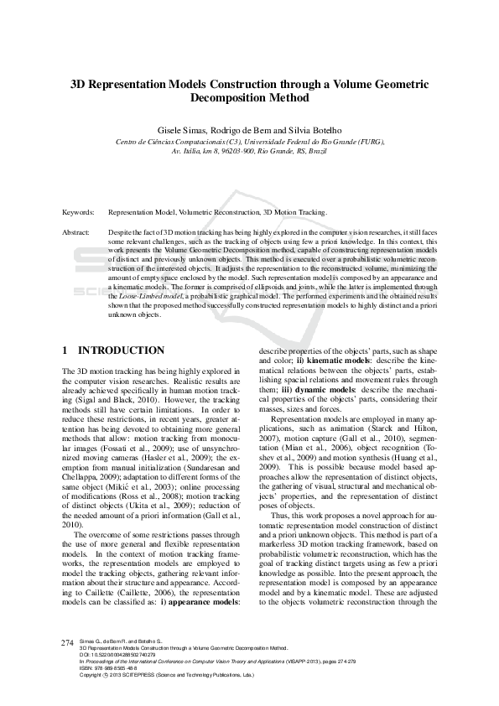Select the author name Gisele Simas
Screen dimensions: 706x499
click(181, 130)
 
